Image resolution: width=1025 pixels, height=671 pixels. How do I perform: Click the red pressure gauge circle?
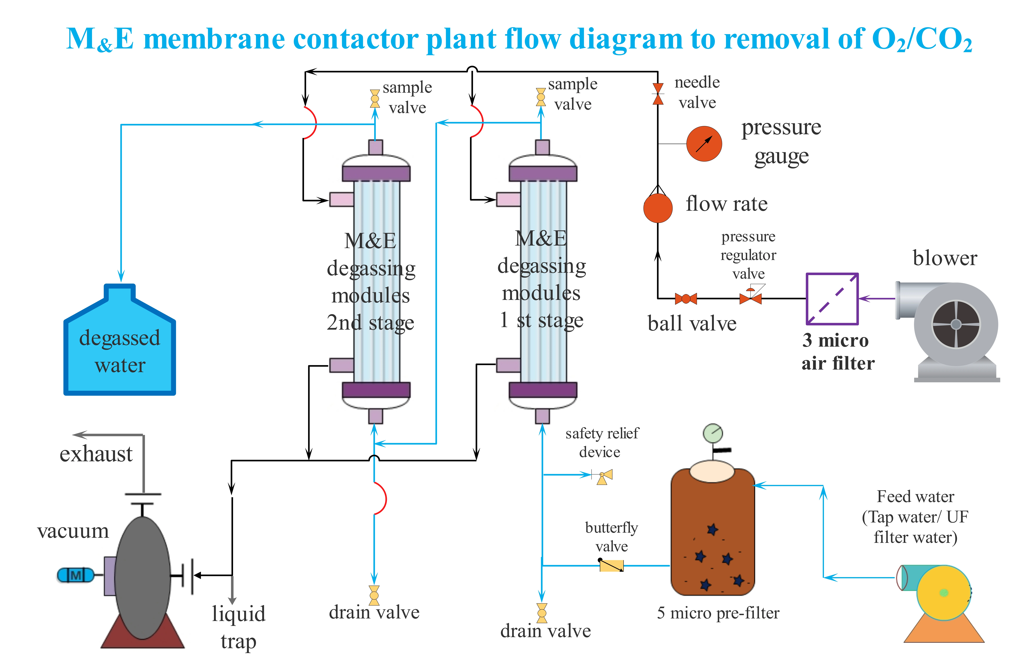tap(704, 144)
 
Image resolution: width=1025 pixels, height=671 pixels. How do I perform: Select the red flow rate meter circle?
tap(658, 208)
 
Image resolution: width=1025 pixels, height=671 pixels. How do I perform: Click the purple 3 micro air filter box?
tap(832, 299)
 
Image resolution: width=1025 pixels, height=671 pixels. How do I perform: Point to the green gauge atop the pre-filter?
tap(713, 433)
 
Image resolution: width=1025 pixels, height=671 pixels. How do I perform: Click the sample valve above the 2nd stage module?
tap(375, 99)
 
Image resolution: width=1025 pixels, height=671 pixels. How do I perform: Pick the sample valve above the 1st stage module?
tap(541, 97)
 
